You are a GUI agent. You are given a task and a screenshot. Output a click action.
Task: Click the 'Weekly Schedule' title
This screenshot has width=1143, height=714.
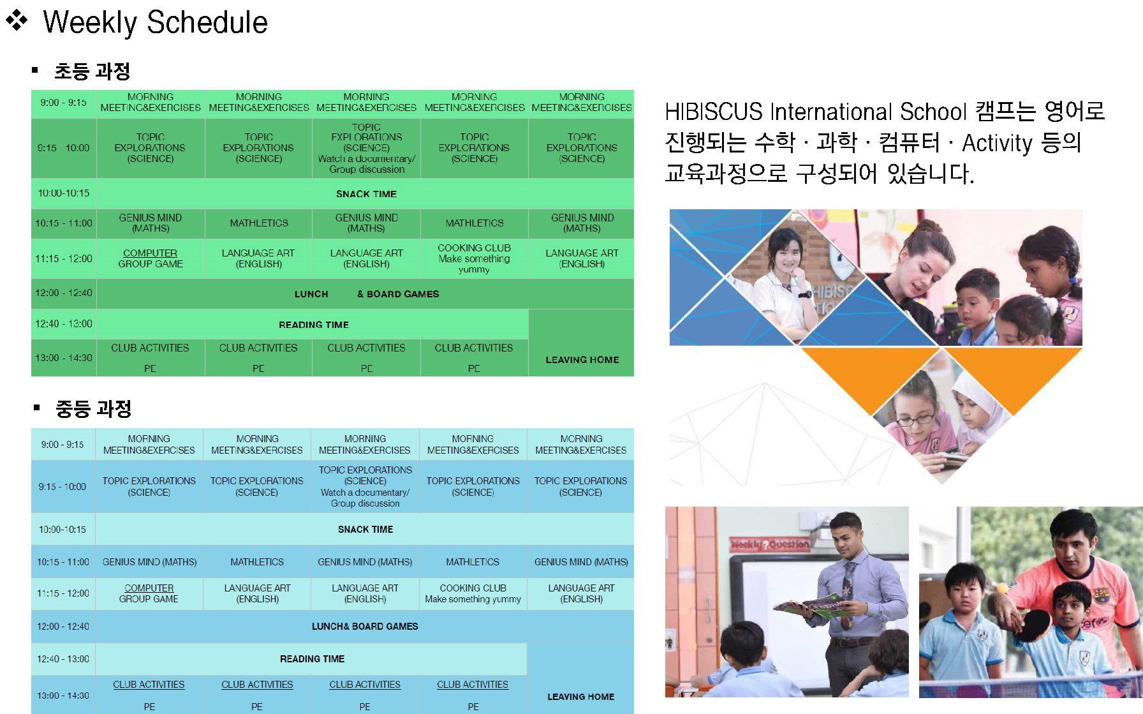click(x=155, y=22)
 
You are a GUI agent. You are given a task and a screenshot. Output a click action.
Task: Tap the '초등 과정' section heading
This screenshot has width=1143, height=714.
click(x=92, y=71)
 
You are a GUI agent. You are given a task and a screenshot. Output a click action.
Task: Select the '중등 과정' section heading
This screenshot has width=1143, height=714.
click(x=94, y=408)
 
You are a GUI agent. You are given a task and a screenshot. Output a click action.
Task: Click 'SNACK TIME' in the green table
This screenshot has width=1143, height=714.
click(x=366, y=194)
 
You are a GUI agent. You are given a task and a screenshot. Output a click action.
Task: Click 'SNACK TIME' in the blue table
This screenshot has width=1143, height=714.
click(x=365, y=530)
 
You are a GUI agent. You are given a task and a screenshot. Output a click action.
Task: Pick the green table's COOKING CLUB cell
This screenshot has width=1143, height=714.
click(x=474, y=258)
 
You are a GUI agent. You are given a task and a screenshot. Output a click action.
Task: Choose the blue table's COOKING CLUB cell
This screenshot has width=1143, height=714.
click(x=473, y=593)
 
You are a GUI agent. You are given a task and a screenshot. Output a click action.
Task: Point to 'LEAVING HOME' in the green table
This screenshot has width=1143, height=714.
click(x=582, y=360)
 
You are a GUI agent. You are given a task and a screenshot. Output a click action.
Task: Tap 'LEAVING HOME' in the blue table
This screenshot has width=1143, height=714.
click(x=580, y=697)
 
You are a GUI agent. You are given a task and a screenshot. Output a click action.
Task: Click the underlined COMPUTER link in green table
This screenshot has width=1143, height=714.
click(x=150, y=253)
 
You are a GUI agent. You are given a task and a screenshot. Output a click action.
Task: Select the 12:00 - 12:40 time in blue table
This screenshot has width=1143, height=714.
click(x=63, y=627)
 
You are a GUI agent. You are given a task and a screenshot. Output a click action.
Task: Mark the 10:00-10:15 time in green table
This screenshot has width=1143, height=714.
click(x=64, y=193)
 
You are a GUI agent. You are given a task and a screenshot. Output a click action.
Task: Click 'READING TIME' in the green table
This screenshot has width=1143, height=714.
click(x=314, y=325)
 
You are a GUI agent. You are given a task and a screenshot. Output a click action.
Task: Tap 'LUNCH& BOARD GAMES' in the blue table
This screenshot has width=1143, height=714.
click(x=365, y=627)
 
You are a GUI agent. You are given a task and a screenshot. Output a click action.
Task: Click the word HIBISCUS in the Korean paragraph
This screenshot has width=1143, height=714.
click(x=714, y=112)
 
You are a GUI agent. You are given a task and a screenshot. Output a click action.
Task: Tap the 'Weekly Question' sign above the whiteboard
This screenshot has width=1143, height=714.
click(x=769, y=544)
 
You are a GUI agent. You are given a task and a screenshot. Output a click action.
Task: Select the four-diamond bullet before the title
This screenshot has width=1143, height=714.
click(x=17, y=20)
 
